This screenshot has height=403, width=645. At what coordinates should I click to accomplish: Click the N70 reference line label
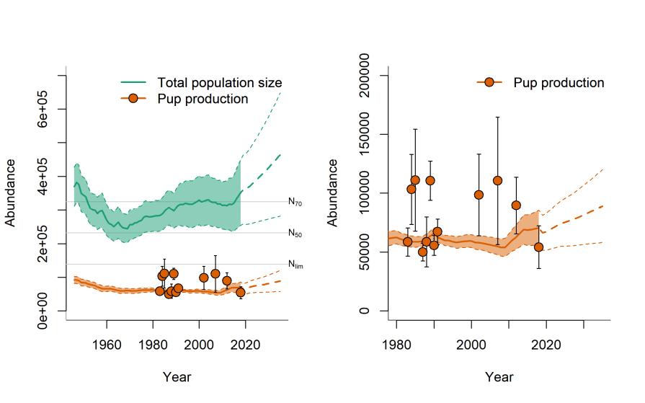[x=295, y=203]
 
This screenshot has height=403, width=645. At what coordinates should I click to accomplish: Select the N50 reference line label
[x=295, y=233]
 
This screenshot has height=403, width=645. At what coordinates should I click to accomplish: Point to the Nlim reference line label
[x=295, y=265]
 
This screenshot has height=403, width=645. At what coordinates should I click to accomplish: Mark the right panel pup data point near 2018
[x=538, y=247]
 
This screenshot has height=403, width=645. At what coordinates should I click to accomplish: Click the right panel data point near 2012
[x=516, y=205]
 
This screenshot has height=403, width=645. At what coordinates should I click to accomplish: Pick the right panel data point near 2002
[x=479, y=195]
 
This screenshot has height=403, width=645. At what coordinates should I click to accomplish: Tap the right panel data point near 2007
[x=497, y=180]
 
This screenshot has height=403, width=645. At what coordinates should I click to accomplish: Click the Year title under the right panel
[x=499, y=376]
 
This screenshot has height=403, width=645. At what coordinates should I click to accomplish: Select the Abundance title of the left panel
[x=12, y=192]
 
